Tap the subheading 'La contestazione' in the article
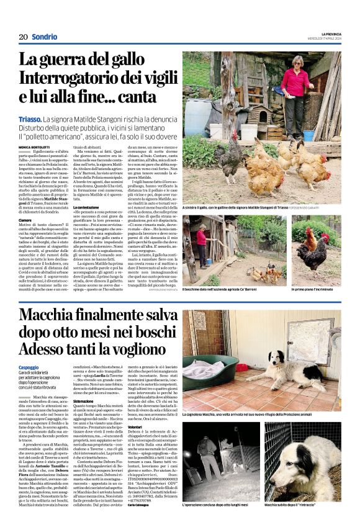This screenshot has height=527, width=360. click(x=87, y=207)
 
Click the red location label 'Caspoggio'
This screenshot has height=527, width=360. click(x=31, y=368)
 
